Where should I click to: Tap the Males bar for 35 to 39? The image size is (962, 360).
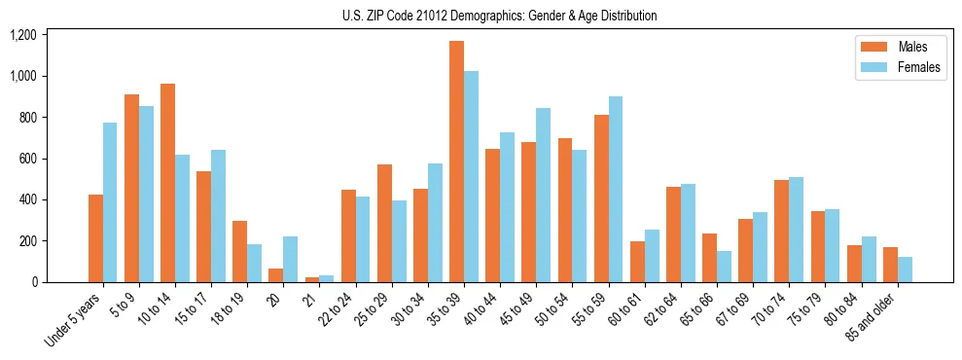click(456, 162)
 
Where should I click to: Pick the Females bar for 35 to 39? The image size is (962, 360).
click(471, 176)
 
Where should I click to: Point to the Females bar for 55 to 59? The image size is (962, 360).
click(615, 190)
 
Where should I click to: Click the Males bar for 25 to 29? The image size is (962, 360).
click(384, 223)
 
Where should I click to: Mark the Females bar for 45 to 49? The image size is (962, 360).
click(543, 195)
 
